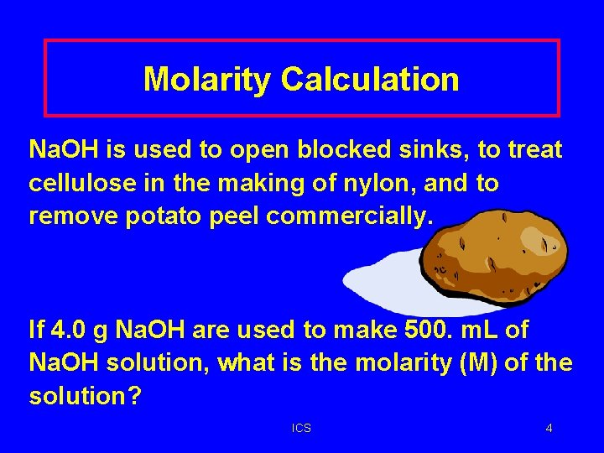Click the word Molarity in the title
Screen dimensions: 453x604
pyautogui.click(x=207, y=80)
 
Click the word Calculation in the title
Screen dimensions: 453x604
pyautogui.click(x=370, y=80)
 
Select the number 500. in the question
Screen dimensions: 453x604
pyautogui.click(x=433, y=330)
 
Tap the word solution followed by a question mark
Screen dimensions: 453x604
pyautogui.click(x=85, y=396)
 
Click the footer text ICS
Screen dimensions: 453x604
pyautogui.click(x=301, y=429)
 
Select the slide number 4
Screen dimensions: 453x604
pyautogui.click(x=549, y=429)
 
